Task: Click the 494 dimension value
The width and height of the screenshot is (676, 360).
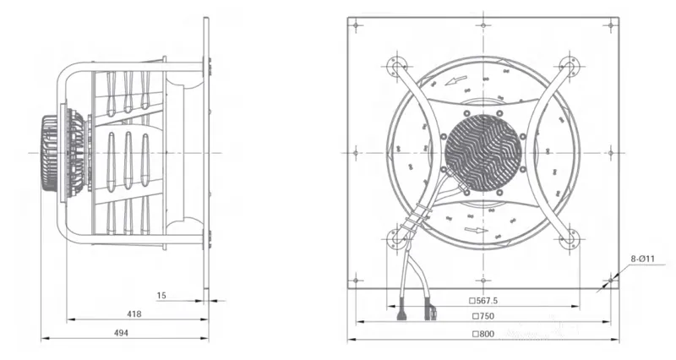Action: point(121,333)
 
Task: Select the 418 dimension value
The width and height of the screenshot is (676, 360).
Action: point(134,314)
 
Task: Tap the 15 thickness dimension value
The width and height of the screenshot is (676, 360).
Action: point(161,296)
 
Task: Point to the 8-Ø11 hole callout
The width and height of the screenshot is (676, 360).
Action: point(643,259)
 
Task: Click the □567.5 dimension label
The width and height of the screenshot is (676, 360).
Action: point(483,301)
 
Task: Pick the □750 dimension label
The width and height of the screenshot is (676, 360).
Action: point(483,316)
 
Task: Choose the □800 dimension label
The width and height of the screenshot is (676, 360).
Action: point(483,334)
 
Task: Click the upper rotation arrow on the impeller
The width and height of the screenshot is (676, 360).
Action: point(456,80)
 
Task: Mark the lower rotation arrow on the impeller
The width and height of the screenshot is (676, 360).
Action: point(477,229)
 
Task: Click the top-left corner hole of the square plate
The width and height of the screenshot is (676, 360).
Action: point(356,25)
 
